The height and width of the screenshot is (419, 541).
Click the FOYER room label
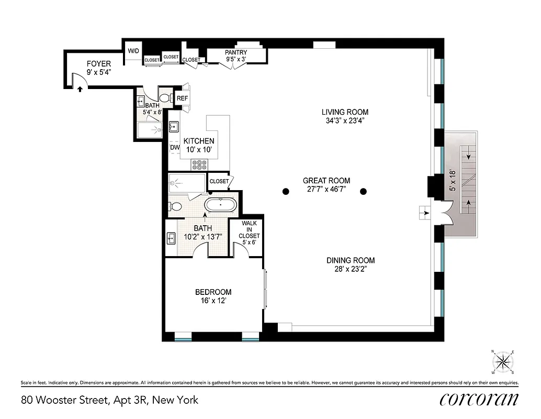coord(98,64)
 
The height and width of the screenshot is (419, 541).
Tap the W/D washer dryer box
coord(133,51)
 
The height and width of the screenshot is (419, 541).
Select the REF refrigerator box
coord(182,98)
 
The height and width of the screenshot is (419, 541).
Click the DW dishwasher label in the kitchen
coord(175,148)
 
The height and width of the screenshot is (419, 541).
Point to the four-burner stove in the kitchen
coord(199,164)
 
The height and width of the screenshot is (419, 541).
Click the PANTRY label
coord(236,52)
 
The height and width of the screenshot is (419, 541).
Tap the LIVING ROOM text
coord(344,112)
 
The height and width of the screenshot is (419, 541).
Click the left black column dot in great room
coord(286,192)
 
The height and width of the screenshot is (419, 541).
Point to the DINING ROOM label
coord(351,260)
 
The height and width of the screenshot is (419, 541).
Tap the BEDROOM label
coord(213,292)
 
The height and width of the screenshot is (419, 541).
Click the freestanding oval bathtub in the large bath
coord(221,204)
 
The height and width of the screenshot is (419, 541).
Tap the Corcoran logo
coord(479,399)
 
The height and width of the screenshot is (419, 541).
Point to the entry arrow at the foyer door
coord(80,89)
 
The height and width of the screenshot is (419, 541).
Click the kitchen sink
coord(174,127)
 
